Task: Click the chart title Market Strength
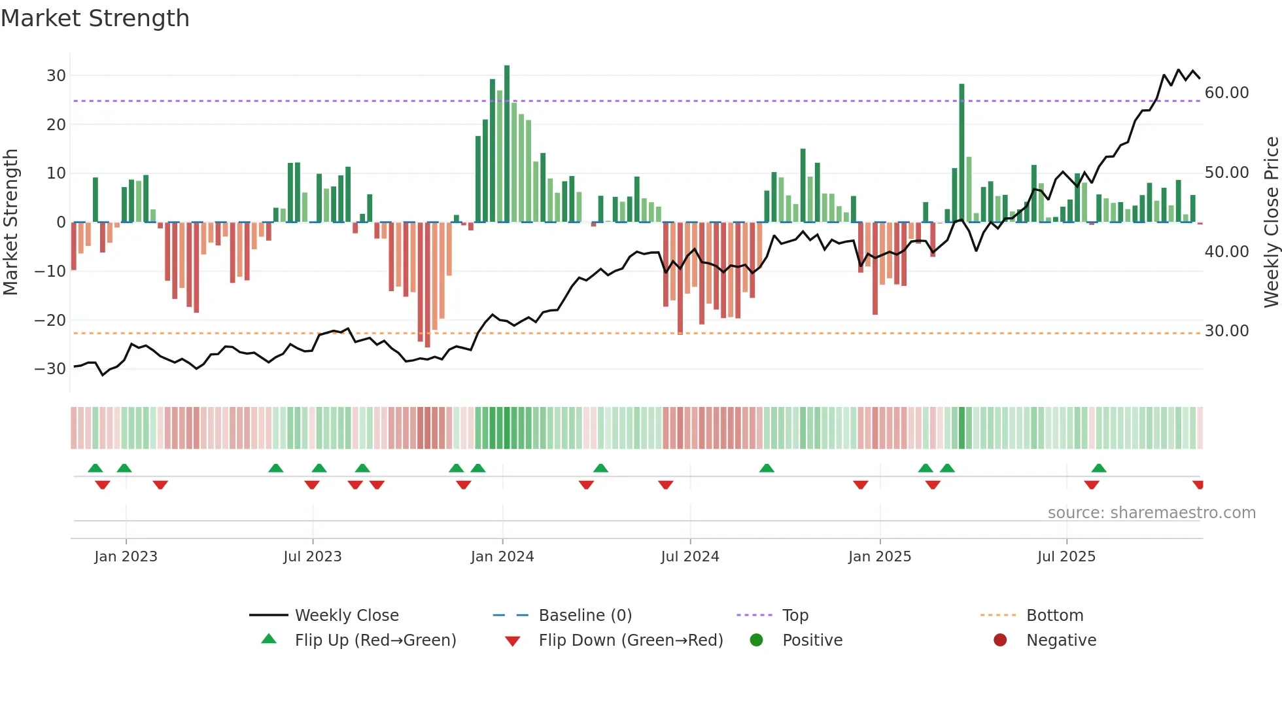tap(95, 18)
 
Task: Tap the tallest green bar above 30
tap(507, 144)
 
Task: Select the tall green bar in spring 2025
tap(961, 153)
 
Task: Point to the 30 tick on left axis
tap(56, 75)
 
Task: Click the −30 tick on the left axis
tap(51, 369)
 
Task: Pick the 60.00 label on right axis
tap(1226, 93)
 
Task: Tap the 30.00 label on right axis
tap(1226, 331)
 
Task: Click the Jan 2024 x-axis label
tap(502, 557)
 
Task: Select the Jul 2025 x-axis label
tap(1066, 557)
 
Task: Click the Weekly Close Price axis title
tap(1271, 222)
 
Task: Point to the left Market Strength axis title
tap(10, 222)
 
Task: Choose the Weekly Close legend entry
tap(346, 616)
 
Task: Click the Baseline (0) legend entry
tap(585, 616)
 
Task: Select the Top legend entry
tap(795, 616)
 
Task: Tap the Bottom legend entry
tap(1054, 616)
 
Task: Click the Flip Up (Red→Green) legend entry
tap(375, 641)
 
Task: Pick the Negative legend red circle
tap(1000, 641)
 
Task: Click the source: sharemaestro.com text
tap(1151, 513)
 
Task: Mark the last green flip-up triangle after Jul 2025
tap(1099, 468)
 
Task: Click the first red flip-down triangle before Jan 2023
tap(103, 485)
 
